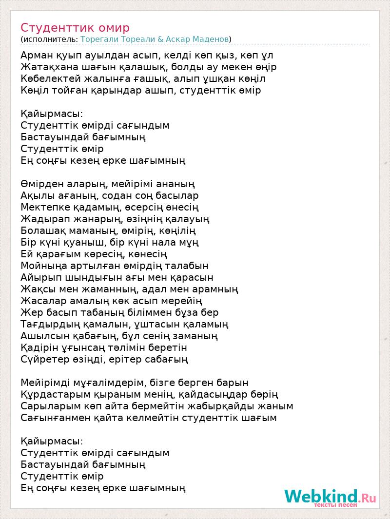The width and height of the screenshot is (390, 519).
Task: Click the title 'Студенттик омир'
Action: [75, 27]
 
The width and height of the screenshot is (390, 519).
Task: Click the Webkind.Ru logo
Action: [330, 498]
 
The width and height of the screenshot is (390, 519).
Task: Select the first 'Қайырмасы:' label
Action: [52, 114]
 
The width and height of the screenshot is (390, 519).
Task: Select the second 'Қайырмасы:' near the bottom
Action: [52, 441]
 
